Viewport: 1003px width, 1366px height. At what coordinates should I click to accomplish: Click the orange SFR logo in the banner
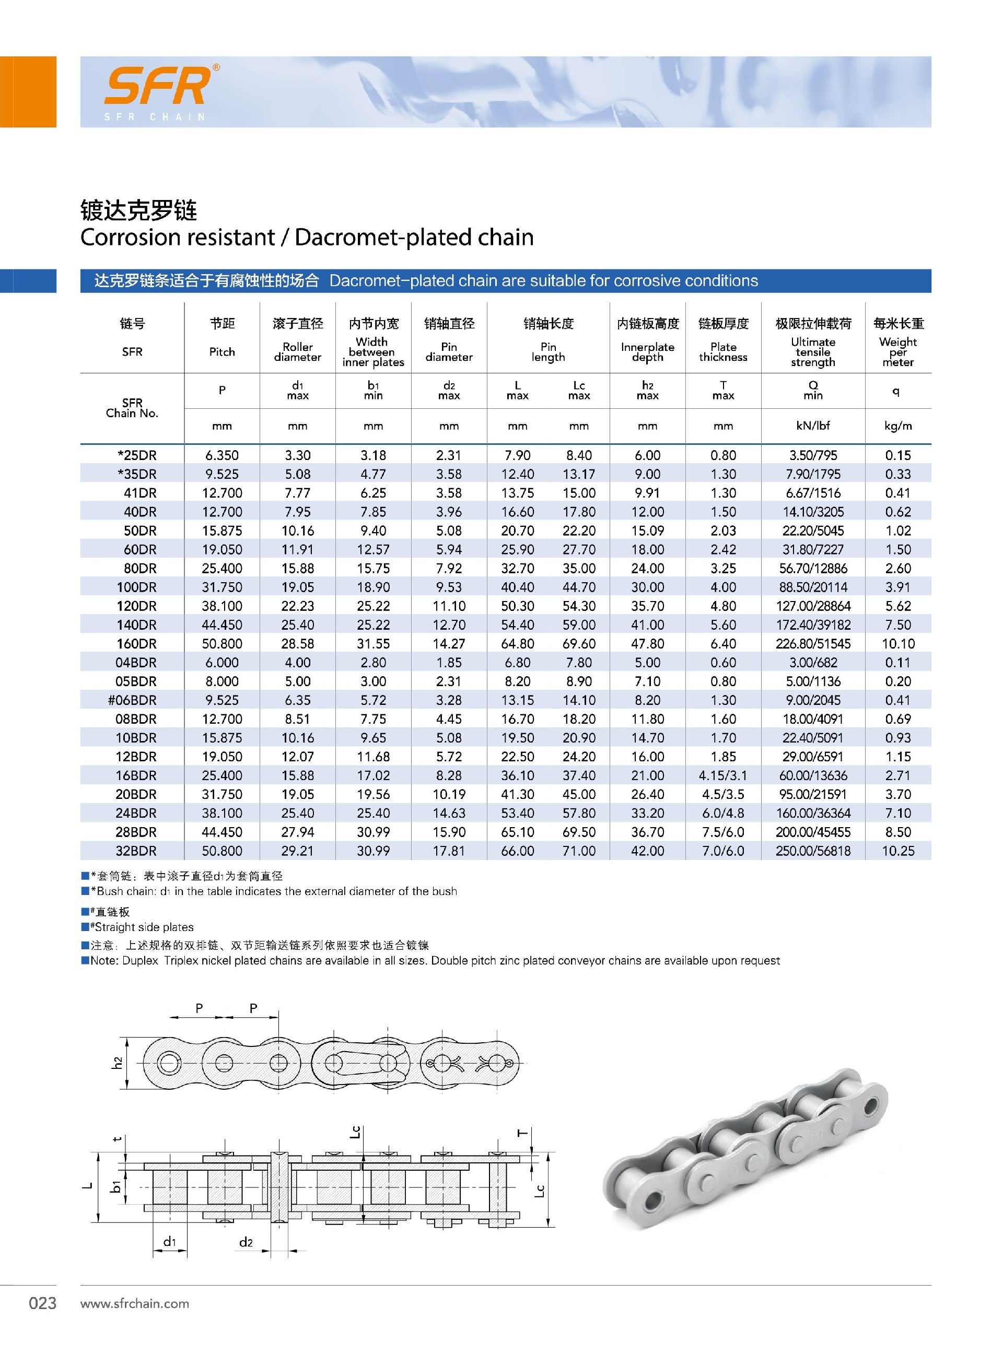pos(159,86)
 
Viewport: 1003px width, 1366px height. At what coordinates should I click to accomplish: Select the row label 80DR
pos(139,569)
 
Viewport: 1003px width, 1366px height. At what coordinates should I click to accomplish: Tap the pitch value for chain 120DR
pos(222,606)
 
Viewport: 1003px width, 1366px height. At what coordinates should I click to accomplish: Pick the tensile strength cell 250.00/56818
pos(813,851)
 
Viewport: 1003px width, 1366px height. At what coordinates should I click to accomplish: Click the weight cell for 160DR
pos(898,644)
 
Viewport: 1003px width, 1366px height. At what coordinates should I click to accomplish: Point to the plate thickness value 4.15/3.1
pos(723,775)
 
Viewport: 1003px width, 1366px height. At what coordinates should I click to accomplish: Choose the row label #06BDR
pos(132,700)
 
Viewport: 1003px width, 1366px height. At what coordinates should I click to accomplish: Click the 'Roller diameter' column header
pos(297,352)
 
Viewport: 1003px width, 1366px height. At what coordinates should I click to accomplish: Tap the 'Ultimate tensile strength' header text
pos(813,352)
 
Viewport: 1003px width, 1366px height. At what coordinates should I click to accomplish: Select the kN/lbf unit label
pos(813,426)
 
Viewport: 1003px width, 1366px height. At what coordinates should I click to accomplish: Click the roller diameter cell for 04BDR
pos(297,663)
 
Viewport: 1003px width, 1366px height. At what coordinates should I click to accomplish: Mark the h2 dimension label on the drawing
pos(118,1063)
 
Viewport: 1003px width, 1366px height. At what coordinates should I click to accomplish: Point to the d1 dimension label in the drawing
pos(169,1242)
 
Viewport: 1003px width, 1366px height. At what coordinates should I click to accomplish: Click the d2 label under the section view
pos(246,1242)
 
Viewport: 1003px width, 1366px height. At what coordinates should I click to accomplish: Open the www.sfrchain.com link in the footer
pos(135,1303)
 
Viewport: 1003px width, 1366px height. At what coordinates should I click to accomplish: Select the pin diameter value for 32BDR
pos(449,851)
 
